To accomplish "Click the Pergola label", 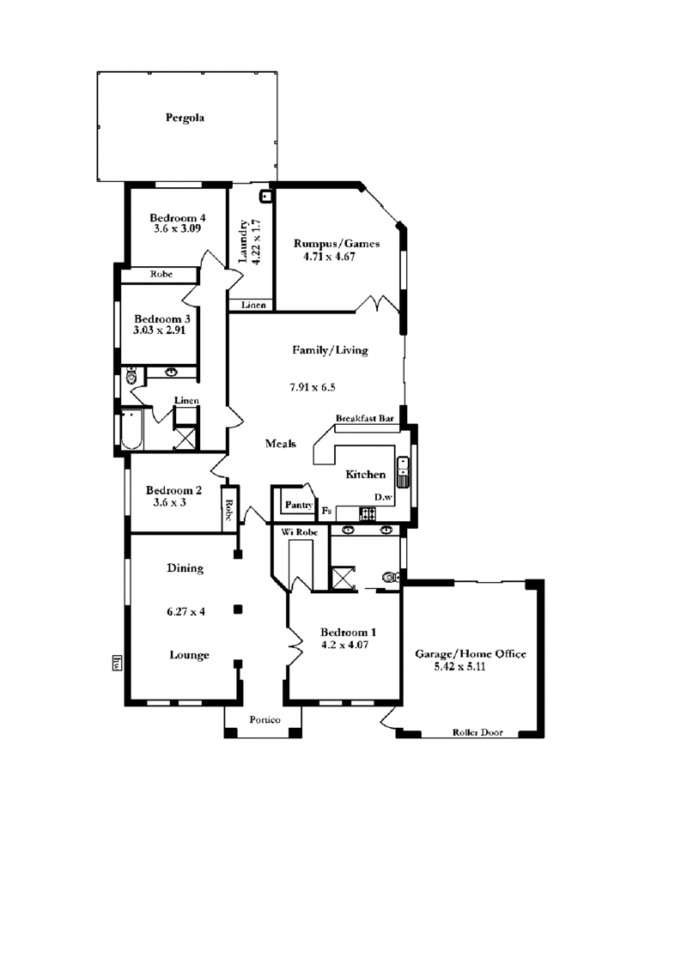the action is tap(185, 118).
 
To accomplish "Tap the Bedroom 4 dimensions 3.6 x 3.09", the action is tap(177, 228).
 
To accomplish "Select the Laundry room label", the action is tap(243, 240).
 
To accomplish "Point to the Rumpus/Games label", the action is tap(336, 243).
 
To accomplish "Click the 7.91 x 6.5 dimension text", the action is tap(313, 387).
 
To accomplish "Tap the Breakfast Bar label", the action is tap(365, 418).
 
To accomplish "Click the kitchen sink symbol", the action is tap(403, 472).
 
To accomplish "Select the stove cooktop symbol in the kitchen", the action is tap(368, 512).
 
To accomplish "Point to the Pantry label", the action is tap(298, 505).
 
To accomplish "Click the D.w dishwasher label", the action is tap(383, 497).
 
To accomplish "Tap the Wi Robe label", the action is tap(300, 532).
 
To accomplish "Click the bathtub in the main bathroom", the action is tap(132, 428).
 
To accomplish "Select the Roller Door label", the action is tap(477, 732).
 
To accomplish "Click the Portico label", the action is tap(264, 719).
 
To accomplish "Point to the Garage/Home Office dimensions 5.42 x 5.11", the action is tap(459, 667).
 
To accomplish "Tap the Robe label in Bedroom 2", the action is tap(228, 511).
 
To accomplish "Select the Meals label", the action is tap(280, 444).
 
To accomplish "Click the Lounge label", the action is tap(190, 655).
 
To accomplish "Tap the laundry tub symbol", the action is tap(267, 197).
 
